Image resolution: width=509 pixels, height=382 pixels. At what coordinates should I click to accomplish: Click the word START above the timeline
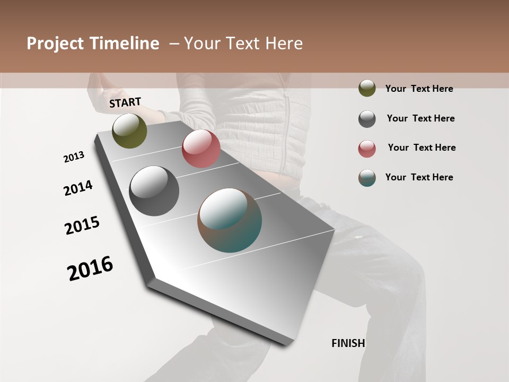point(125,102)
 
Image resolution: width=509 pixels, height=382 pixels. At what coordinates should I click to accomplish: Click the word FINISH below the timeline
point(348,343)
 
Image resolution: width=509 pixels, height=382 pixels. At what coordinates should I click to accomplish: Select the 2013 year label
point(74,157)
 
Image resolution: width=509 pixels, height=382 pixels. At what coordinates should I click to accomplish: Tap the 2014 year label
point(78,188)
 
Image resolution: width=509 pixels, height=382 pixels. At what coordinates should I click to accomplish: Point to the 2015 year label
point(82,225)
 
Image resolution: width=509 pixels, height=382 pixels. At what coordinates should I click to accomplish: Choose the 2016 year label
point(90,268)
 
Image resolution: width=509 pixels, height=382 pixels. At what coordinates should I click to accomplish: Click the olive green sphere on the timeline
point(129,131)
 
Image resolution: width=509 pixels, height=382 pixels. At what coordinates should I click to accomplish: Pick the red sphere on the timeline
point(201,149)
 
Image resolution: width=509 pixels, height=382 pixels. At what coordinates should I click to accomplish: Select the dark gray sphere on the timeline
point(154,191)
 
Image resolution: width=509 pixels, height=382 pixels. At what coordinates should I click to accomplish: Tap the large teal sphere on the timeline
point(230,220)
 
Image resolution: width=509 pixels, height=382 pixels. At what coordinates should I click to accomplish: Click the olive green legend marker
point(367,88)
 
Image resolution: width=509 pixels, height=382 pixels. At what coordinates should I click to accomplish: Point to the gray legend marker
point(367,119)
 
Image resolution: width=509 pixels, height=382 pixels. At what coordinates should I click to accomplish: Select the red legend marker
point(367,149)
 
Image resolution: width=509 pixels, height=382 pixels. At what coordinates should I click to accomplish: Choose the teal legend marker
point(367,178)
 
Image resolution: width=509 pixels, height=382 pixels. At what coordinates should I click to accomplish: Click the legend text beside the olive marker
point(419,89)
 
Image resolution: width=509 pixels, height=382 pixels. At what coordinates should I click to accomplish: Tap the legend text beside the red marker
point(422,147)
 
